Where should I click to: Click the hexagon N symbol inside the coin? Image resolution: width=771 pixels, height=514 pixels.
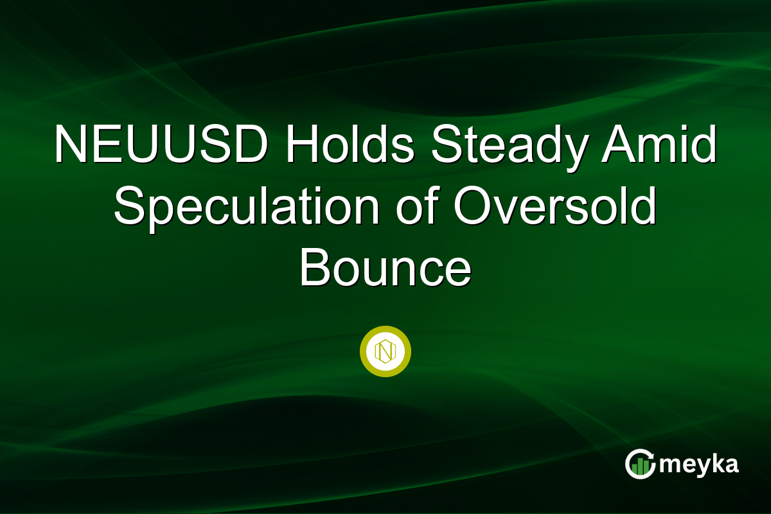[x=385, y=351]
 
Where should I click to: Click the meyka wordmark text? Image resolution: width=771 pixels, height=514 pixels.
[x=700, y=464]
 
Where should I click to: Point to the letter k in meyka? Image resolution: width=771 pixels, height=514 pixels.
[x=714, y=463]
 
